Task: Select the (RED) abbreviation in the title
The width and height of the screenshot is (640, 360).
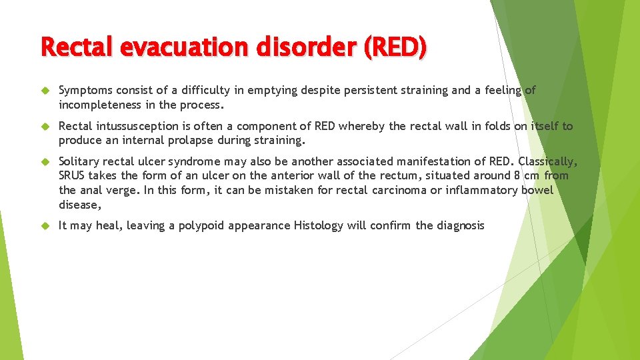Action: [x=393, y=48]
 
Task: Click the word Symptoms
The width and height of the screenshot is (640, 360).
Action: [x=85, y=90]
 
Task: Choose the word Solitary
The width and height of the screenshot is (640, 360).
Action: [x=79, y=162]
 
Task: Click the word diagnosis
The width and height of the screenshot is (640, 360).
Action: [x=460, y=226]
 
